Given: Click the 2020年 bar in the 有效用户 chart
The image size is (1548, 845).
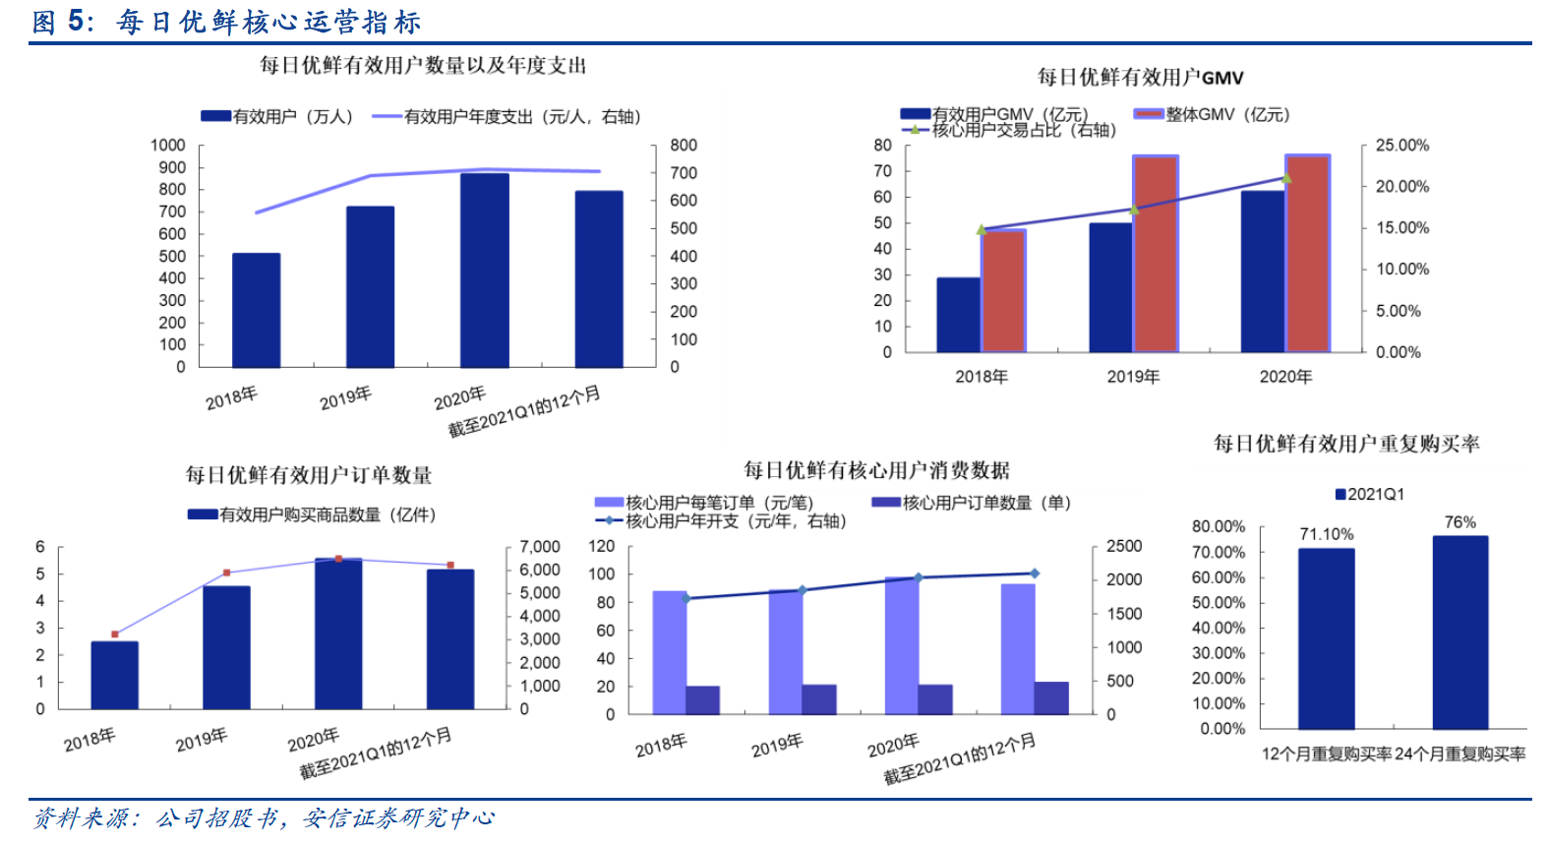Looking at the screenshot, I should [484, 271].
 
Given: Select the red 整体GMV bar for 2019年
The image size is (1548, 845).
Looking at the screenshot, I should [1156, 254].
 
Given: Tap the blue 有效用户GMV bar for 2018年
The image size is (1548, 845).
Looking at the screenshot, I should [958, 315].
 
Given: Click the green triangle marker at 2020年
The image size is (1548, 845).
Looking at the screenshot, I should [1286, 178].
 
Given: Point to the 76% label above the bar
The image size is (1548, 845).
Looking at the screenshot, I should [1459, 522].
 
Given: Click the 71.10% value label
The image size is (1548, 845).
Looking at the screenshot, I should [1326, 534].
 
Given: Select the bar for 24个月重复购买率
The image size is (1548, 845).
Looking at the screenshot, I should [1459, 632].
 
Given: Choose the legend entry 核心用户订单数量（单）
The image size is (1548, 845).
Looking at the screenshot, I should [971, 503].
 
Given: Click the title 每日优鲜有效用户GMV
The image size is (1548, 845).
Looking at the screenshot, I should [1140, 78].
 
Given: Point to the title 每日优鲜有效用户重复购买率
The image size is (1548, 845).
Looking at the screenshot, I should [1345, 444].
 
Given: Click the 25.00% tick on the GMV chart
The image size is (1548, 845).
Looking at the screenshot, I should [1401, 146].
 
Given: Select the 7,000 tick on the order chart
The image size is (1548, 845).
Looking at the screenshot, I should [539, 547].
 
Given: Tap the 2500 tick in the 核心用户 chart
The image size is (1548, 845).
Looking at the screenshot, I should [1123, 546].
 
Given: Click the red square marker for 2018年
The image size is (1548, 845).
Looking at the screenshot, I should [115, 634].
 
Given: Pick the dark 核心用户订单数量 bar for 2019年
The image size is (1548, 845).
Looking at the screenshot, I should [818, 698].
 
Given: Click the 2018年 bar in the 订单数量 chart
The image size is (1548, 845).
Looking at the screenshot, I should [115, 675].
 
